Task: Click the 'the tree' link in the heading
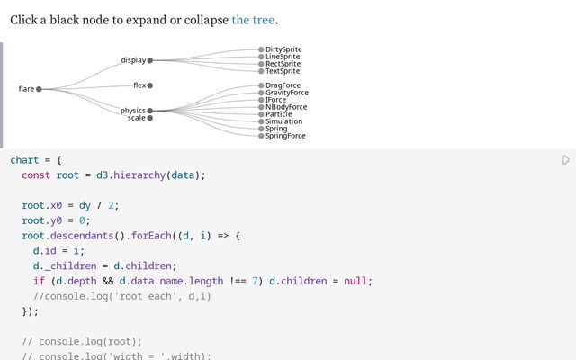click(253, 20)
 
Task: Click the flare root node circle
click(39, 89)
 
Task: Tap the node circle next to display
click(150, 60)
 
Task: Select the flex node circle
click(150, 85)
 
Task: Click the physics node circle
click(150, 111)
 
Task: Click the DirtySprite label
click(283, 49)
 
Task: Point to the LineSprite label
click(283, 57)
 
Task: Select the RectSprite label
click(283, 64)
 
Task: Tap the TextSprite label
click(283, 71)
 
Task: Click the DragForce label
click(283, 85)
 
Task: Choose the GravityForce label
click(286, 93)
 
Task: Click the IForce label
click(275, 100)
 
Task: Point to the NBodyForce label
click(286, 107)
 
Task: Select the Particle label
click(278, 114)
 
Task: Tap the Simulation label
click(283, 121)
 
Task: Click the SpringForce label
click(285, 136)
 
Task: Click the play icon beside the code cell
click(565, 160)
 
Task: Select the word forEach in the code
click(148, 235)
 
